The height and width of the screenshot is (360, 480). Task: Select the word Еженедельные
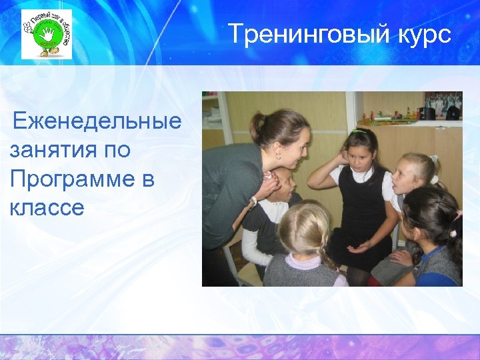click(x=97, y=121)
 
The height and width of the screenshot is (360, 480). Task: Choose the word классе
click(x=47, y=207)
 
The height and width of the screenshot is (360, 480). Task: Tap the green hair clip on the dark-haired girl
click(x=360, y=131)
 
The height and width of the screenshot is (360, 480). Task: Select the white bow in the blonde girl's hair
click(x=433, y=159)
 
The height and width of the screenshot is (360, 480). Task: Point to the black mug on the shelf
click(x=429, y=113)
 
